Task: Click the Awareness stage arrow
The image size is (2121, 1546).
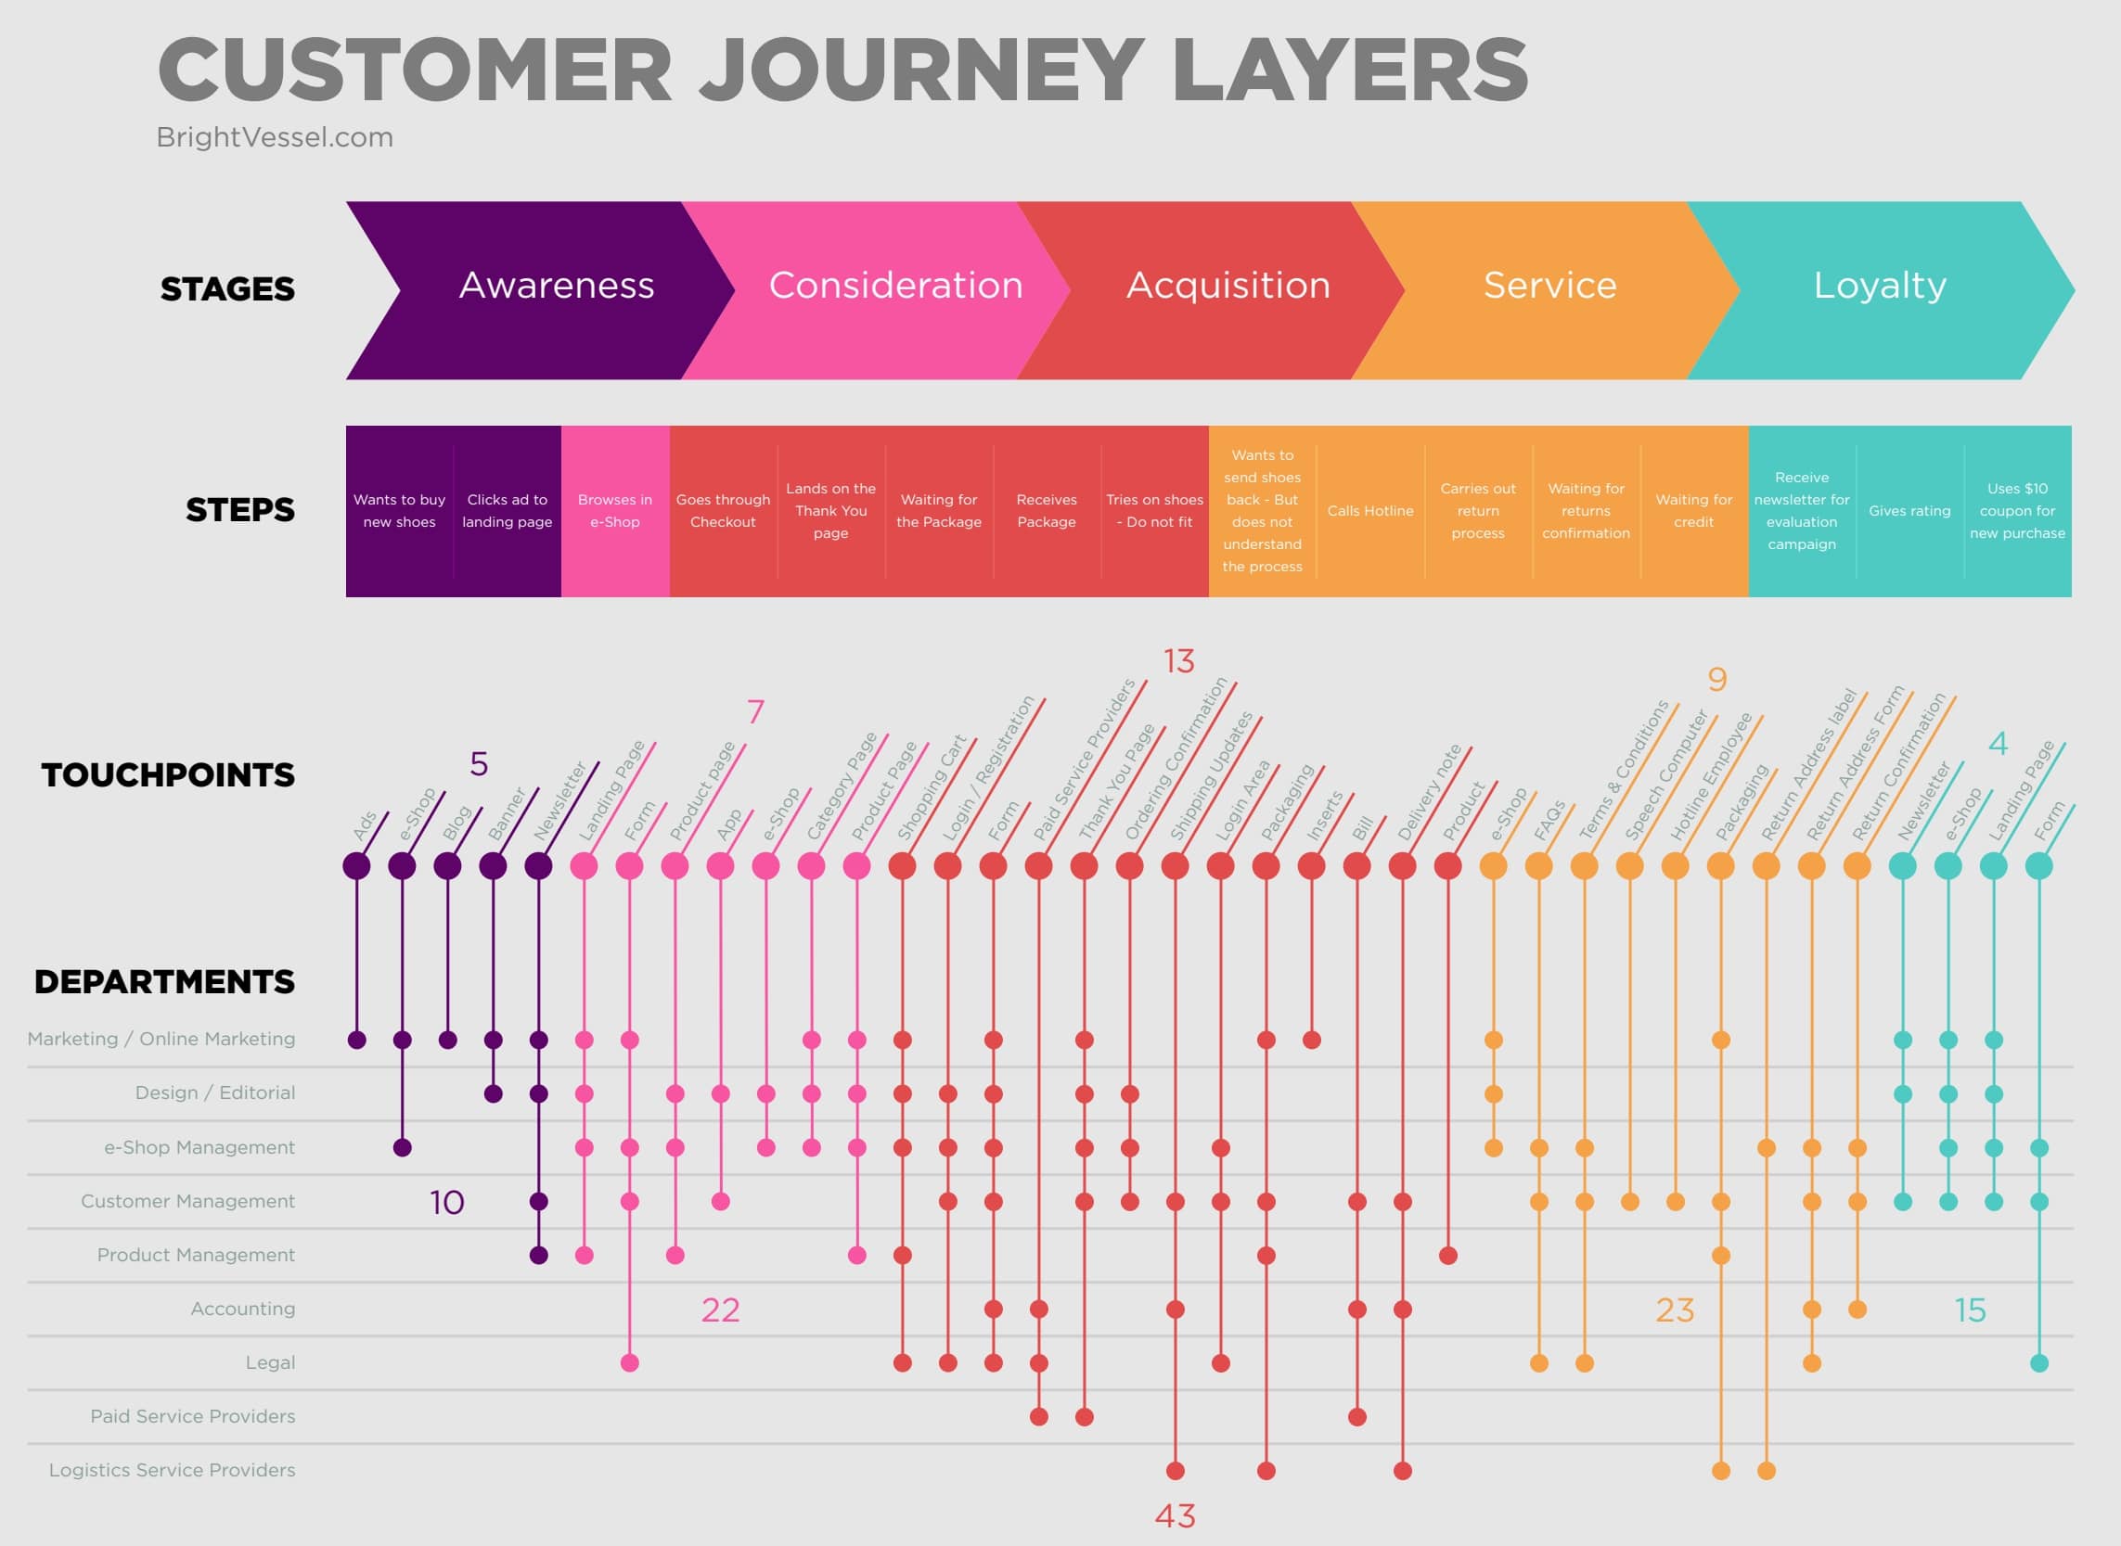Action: [x=556, y=287]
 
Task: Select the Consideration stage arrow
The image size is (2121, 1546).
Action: [x=894, y=287]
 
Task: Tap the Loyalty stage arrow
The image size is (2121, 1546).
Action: [x=1880, y=287]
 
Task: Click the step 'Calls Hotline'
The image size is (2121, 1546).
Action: [x=1369, y=511]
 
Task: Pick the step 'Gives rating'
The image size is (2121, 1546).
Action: [x=1909, y=511]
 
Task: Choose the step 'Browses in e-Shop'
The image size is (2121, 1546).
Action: [x=615, y=511]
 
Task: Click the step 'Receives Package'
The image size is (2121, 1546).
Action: [x=1047, y=511]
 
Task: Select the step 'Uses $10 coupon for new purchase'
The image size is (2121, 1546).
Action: [x=2017, y=511]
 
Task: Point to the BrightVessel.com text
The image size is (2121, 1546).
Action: [x=275, y=137]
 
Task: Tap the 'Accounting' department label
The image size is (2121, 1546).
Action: [x=242, y=1309]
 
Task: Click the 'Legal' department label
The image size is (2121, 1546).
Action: [x=270, y=1362]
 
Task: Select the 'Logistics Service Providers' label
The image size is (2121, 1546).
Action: [x=172, y=1470]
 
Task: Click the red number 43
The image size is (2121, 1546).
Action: [x=1175, y=1516]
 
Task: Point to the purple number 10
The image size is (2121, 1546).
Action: [x=446, y=1203]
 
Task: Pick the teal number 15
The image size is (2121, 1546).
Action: [x=1970, y=1310]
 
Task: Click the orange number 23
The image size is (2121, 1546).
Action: [x=1675, y=1310]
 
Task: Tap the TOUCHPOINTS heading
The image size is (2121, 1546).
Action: [x=168, y=775]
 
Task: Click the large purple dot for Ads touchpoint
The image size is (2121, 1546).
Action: [x=356, y=865]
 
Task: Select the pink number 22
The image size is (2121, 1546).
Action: [x=720, y=1310]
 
